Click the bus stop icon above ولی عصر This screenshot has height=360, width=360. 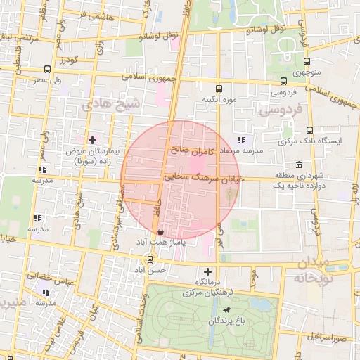[47, 69]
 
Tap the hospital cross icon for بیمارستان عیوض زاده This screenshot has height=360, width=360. [92, 140]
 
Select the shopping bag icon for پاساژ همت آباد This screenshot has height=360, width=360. [161, 231]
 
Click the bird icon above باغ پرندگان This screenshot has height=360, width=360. [226, 310]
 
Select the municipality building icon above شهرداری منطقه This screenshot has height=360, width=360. [299, 165]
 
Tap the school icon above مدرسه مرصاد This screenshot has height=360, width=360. [242, 140]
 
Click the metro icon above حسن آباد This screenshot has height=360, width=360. [149, 259]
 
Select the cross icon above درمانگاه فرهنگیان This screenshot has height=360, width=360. [207, 271]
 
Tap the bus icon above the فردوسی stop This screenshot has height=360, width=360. [283, 81]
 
